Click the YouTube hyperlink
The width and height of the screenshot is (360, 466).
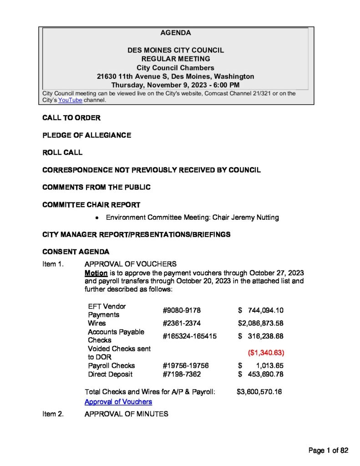[x=70, y=100]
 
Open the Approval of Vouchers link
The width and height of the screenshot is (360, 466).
[x=118, y=402]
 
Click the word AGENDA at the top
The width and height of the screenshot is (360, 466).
[x=176, y=33]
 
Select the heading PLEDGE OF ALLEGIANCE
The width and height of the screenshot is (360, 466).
[x=86, y=135]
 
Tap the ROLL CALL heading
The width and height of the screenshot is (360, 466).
[x=62, y=152]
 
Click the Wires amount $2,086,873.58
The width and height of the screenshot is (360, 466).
[x=261, y=323]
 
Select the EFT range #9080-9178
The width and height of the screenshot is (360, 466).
[x=182, y=310]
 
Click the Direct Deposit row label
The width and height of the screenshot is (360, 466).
[x=110, y=374]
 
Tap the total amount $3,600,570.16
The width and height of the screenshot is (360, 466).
[x=259, y=391]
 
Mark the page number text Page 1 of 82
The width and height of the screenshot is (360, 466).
[x=328, y=451]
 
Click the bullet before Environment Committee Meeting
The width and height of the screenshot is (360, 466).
[x=97, y=218]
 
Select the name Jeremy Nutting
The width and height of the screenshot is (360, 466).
[x=255, y=218]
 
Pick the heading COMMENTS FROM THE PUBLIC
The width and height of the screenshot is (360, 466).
[x=96, y=187]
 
